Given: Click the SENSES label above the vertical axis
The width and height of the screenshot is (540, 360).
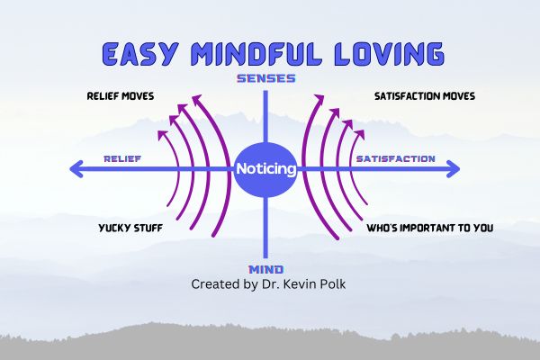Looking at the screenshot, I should [x=266, y=79].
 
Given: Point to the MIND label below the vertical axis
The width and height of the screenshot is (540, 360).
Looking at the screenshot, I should [x=266, y=269].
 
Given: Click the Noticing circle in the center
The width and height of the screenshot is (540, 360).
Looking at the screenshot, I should [x=265, y=168].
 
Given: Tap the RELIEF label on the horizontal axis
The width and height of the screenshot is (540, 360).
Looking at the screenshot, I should [x=121, y=159].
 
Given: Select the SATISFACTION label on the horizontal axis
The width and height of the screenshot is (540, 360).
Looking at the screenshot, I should [x=395, y=159].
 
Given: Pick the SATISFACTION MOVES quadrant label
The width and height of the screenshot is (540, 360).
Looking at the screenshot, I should [x=424, y=95].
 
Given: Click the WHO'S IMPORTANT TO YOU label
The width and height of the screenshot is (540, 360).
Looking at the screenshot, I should [x=429, y=228].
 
